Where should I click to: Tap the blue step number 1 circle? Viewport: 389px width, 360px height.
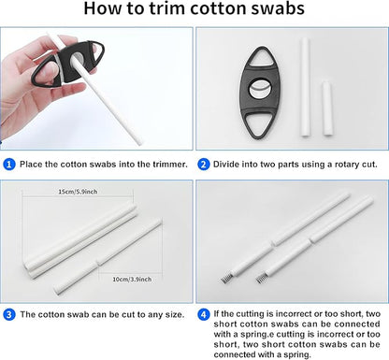9,165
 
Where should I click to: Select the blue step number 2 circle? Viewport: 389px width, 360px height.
203,165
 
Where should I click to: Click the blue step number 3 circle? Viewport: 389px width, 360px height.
9,314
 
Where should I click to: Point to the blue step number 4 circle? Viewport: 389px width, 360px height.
203,314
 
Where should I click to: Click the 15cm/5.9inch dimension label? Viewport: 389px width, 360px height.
78,192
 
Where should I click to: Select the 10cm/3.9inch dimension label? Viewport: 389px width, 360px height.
132,280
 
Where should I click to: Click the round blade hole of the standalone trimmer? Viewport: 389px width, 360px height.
259,90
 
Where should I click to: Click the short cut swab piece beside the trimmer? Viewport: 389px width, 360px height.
327,108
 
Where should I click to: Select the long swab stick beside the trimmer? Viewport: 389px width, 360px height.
305,87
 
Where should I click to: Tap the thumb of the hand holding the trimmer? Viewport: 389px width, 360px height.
50,74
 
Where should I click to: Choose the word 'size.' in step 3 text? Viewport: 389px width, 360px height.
174,314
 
